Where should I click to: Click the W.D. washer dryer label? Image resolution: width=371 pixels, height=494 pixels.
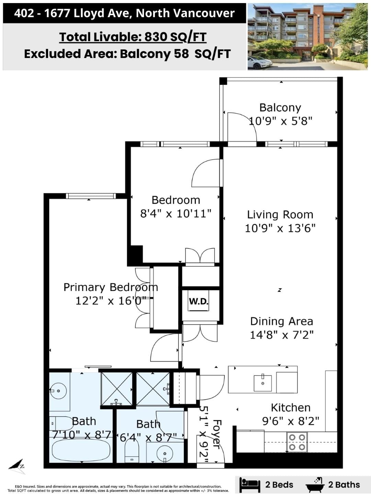point(199,301)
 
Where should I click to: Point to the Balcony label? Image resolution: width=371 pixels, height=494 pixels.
point(280,108)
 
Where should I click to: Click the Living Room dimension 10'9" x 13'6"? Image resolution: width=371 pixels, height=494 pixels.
point(280,228)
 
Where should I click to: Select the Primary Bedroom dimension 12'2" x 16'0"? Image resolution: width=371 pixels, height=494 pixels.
point(111,301)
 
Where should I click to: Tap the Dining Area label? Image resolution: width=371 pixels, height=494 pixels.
point(282,321)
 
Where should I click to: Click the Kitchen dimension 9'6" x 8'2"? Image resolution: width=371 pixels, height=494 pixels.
point(291,421)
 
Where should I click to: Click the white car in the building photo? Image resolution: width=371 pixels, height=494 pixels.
point(260,62)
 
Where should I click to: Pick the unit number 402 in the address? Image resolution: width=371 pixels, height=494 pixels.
point(24,13)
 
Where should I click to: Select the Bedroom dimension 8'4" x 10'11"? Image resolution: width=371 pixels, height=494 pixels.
point(176,213)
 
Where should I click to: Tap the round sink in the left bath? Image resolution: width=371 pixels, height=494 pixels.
point(58,391)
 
